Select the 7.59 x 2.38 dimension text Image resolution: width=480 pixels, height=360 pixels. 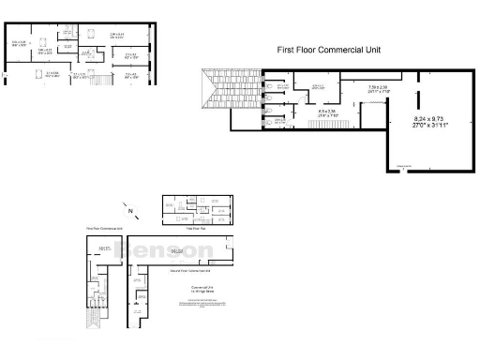tap(379, 87)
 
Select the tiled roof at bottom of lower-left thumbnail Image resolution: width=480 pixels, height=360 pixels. tap(93, 328)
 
